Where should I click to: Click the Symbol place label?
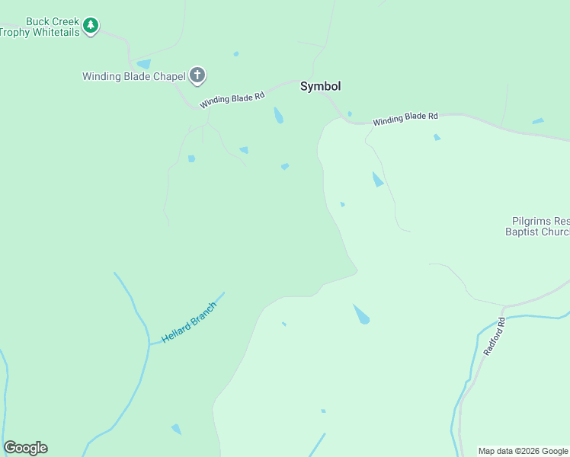pyautogui.click(x=320, y=86)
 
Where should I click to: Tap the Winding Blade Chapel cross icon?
pyautogui.click(x=197, y=75)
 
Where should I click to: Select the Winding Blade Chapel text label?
pyautogui.click(x=134, y=76)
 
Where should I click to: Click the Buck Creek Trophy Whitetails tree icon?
pyautogui.click(x=91, y=25)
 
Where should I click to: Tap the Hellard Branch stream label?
pyautogui.click(x=189, y=322)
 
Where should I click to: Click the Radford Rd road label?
pyautogui.click(x=495, y=337)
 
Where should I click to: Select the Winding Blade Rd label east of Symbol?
pyautogui.click(x=405, y=119)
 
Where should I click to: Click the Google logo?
pyautogui.click(x=25, y=448)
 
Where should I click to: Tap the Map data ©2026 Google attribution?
pyautogui.click(x=524, y=451)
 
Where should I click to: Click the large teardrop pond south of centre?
pyautogui.click(x=361, y=314)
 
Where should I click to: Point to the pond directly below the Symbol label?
pyautogui.click(x=279, y=115)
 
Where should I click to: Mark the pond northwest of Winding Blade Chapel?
pyautogui.click(x=143, y=65)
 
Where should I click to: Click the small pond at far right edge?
pyautogui.click(x=538, y=121)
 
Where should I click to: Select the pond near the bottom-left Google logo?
pyautogui.click(x=177, y=429)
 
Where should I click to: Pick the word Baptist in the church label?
pyautogui.click(x=524, y=232)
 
